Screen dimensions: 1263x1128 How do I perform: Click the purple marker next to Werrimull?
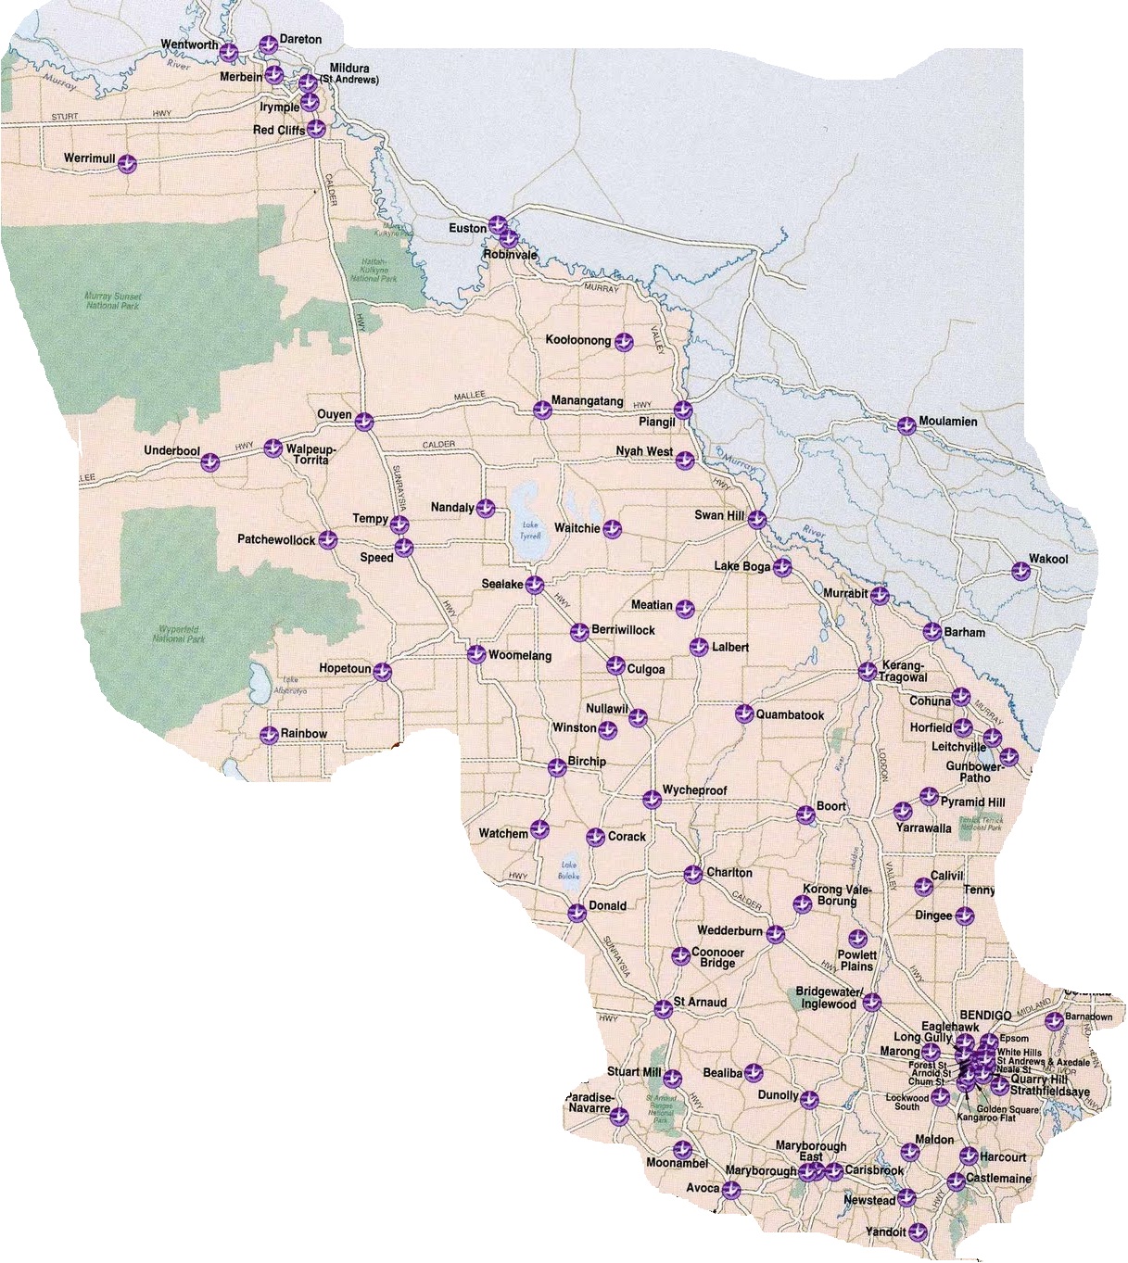point(128,164)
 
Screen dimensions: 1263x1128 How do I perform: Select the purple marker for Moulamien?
point(906,425)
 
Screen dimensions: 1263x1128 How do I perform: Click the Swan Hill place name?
point(719,515)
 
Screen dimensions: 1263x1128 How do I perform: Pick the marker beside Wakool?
point(1020,571)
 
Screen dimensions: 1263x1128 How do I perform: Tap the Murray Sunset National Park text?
point(109,299)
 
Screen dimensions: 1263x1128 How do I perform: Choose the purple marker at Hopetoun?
point(382,673)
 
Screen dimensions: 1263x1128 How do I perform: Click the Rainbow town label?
point(304,734)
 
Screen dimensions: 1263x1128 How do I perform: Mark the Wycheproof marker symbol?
point(652,799)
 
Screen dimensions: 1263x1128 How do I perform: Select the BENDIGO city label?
point(985,1016)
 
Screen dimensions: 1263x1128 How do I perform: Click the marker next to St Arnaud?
point(663,1009)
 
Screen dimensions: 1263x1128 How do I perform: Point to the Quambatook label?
point(790,715)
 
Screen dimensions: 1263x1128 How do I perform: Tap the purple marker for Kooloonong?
point(625,342)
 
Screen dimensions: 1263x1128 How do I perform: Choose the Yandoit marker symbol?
point(918,1231)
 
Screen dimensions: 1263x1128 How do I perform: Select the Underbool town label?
point(171,451)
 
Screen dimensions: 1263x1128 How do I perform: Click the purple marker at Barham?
point(932,633)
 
